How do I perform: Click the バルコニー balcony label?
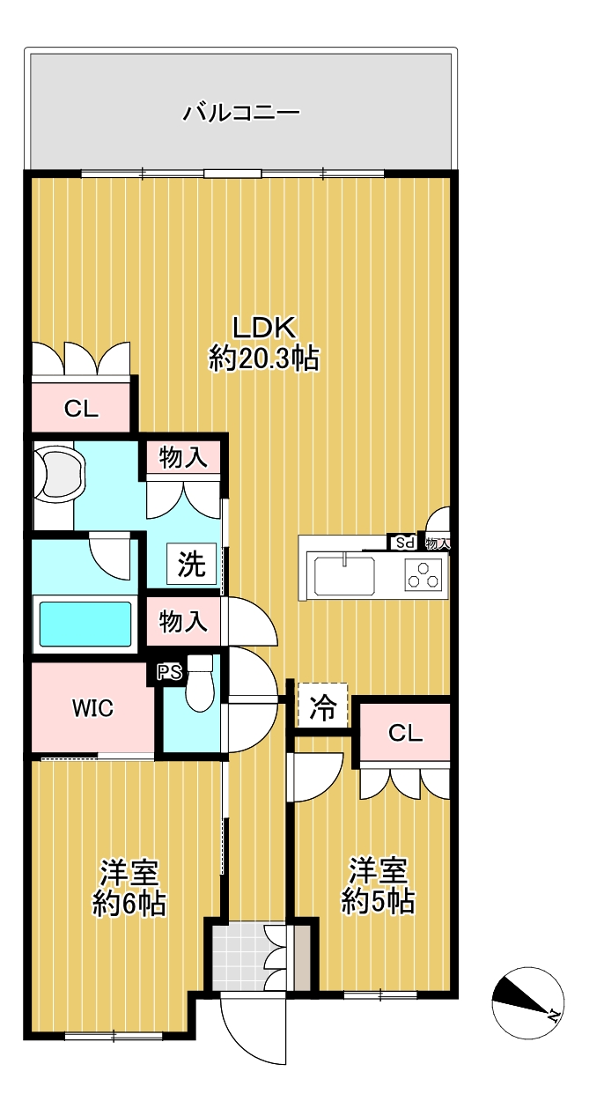tap(241, 113)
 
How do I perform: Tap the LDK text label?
tap(265, 328)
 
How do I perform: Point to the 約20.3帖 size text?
tap(263, 358)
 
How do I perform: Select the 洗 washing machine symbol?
tap(192, 564)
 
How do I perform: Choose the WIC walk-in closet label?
tap(92, 708)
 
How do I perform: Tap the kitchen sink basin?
tap(344, 575)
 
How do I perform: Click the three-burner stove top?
tap(424, 574)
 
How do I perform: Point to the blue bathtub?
tap(85, 624)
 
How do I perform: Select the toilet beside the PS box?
tap(200, 684)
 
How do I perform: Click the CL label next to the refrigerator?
tap(405, 733)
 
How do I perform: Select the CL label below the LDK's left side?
tap(81, 409)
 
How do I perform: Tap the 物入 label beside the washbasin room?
tap(183, 457)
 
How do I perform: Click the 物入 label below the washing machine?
tap(183, 622)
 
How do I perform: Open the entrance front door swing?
tap(254, 1033)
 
